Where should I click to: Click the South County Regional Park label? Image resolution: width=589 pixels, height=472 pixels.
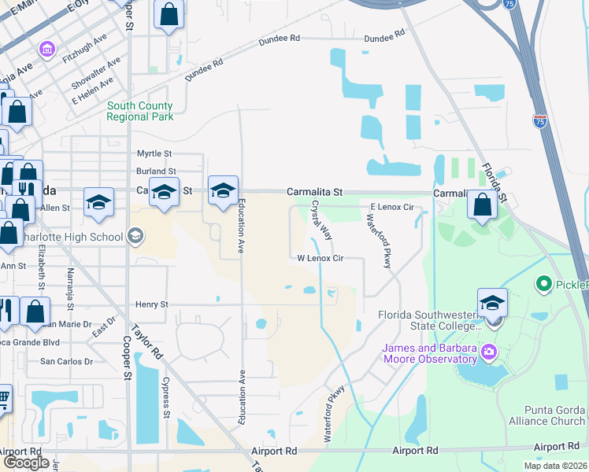[140, 112]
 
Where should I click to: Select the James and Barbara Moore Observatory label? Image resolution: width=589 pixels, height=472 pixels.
[430, 354]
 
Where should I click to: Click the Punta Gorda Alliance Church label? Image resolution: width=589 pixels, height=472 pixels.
[555, 415]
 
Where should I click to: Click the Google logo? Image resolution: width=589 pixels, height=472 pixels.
[26, 463]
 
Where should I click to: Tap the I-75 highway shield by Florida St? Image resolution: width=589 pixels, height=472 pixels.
[539, 120]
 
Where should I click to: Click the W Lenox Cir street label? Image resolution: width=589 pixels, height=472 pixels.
[320, 258]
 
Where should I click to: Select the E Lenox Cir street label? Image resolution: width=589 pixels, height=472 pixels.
[391, 207]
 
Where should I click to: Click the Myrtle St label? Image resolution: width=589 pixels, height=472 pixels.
[154, 153]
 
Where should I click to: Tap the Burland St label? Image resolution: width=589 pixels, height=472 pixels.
[156, 171]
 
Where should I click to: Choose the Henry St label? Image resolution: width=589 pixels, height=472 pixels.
[153, 304]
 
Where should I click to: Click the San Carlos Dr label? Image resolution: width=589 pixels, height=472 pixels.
[67, 362]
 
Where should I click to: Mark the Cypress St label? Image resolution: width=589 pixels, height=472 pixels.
[166, 399]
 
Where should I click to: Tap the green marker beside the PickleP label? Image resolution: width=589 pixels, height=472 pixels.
[543, 283]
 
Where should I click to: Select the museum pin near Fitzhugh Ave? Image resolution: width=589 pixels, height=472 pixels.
[47, 50]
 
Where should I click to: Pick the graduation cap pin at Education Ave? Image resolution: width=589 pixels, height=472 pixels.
[224, 190]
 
